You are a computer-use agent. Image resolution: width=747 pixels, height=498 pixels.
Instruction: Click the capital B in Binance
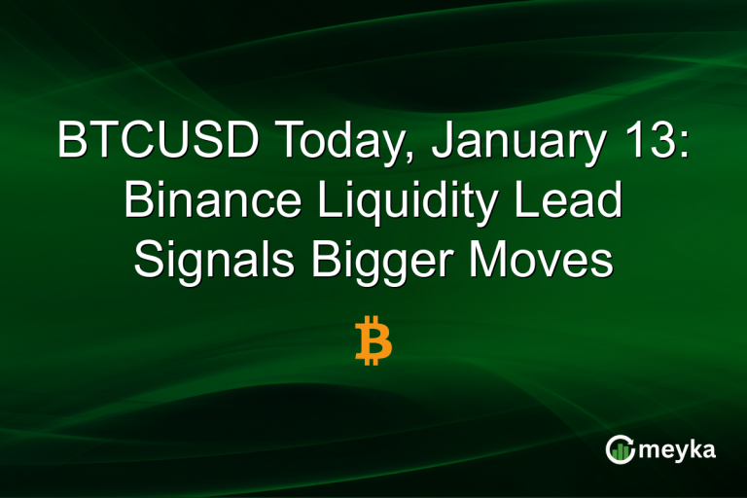pos(138,202)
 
